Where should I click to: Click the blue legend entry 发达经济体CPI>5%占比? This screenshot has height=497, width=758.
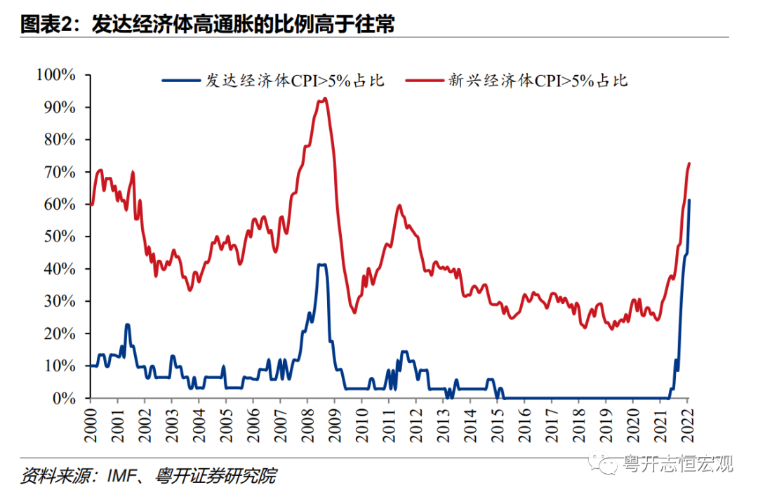pyautogui.click(x=274, y=80)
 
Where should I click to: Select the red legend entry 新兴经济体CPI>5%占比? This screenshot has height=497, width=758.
pyautogui.click(x=517, y=80)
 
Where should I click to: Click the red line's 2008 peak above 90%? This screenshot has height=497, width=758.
pyautogui.click(x=324, y=99)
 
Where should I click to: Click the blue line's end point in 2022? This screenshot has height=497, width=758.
pyautogui.click(x=689, y=201)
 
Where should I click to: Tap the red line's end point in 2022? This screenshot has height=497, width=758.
pyautogui.click(x=689, y=164)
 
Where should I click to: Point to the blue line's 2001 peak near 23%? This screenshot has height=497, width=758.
pyautogui.click(x=127, y=324)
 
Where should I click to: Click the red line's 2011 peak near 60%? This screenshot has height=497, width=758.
pyautogui.click(x=399, y=206)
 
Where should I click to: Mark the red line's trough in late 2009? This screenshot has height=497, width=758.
pyautogui.click(x=354, y=312)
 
